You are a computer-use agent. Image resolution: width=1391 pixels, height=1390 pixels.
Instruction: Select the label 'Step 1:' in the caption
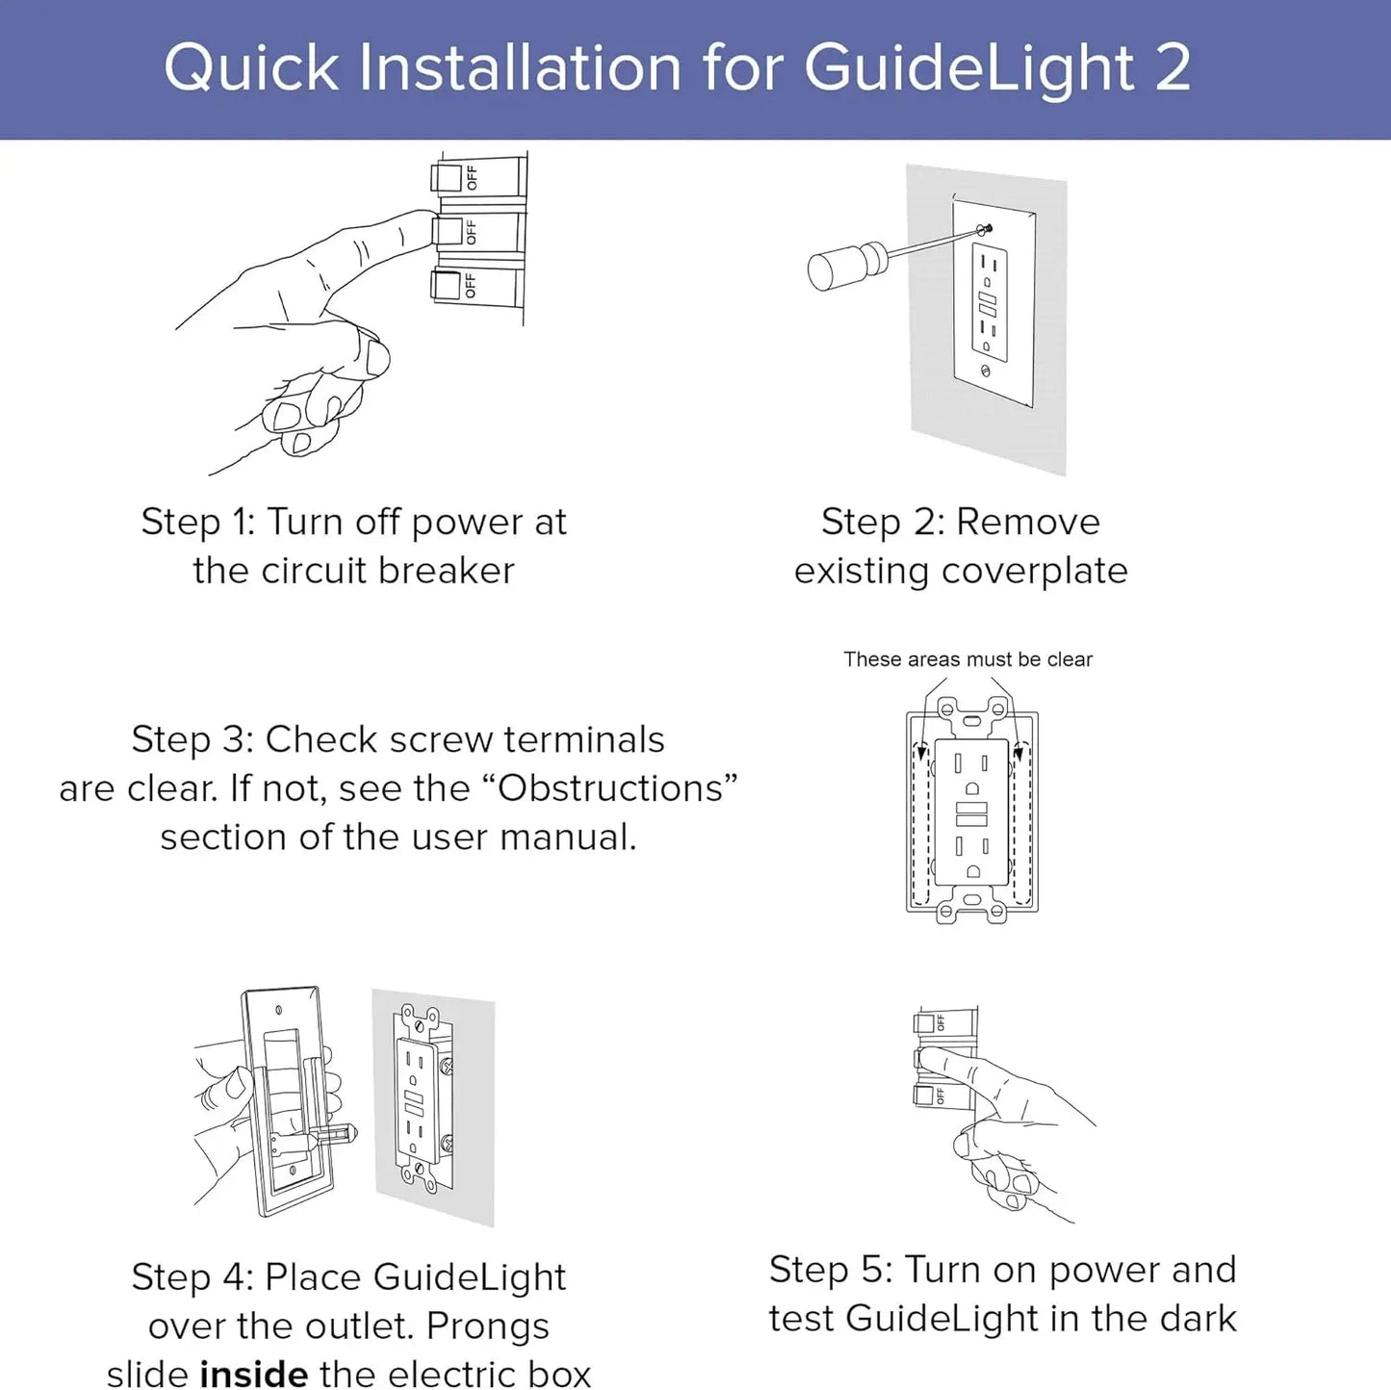coord(197,522)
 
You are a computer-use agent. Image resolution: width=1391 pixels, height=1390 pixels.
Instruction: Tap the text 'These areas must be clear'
coord(967,659)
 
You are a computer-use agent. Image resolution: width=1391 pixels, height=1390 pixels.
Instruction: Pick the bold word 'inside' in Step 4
coord(254,1373)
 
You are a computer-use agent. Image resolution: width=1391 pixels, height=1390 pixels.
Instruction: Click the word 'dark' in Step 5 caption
coord(1197,1318)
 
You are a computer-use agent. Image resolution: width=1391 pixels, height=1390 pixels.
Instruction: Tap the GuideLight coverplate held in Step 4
coord(289,1097)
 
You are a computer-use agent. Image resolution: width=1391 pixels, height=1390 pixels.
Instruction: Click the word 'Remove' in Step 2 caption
coord(1027,522)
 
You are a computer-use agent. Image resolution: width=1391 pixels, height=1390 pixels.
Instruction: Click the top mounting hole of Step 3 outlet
coord(972,718)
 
